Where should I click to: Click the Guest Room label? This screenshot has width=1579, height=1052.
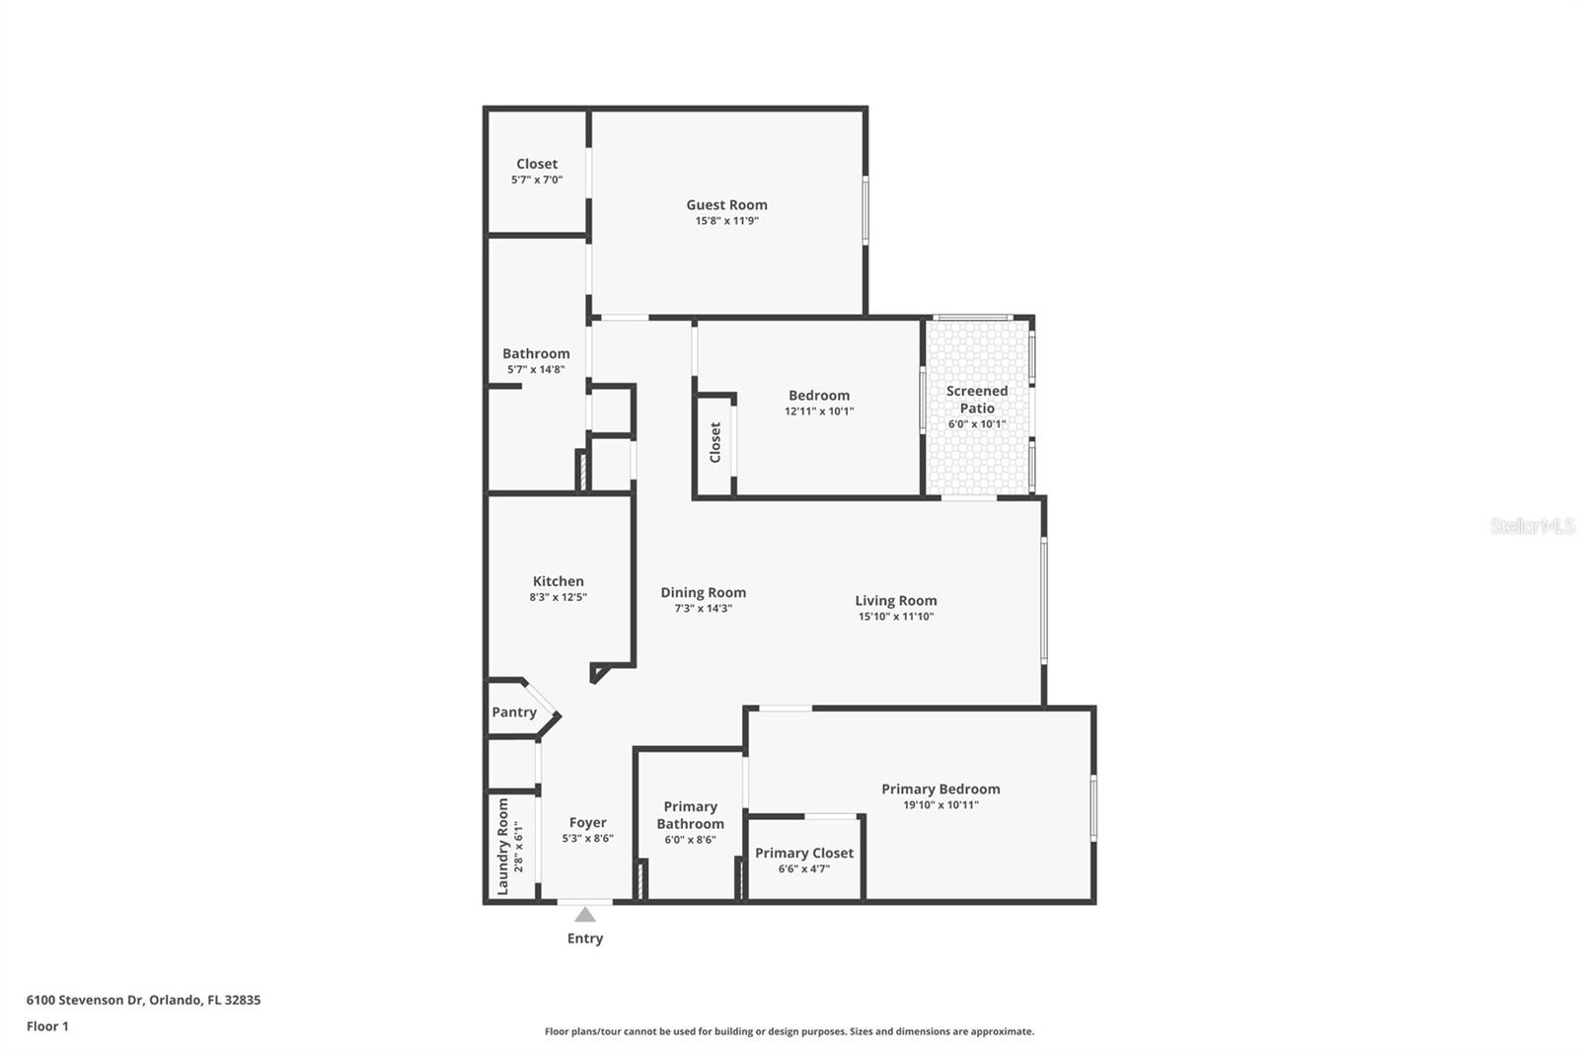(x=726, y=205)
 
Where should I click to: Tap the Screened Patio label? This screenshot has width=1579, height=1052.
(x=977, y=399)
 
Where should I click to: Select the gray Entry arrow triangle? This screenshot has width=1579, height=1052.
(x=585, y=915)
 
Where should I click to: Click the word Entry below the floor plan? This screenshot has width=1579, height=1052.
(x=585, y=939)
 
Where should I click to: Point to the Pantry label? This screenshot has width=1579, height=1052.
(x=514, y=713)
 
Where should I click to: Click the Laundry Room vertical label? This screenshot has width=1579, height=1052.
(x=503, y=846)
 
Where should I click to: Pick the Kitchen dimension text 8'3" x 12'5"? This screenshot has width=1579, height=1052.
(x=559, y=597)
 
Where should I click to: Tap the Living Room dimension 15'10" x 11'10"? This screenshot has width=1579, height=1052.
(x=895, y=617)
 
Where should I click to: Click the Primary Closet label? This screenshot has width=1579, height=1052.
(x=804, y=853)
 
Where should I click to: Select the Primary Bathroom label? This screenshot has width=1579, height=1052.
(x=690, y=815)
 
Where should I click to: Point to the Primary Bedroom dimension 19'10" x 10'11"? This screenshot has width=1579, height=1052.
(x=940, y=805)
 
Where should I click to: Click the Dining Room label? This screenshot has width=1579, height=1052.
(x=703, y=592)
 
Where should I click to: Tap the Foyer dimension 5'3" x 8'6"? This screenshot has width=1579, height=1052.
(x=588, y=839)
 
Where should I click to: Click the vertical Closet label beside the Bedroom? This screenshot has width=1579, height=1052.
(x=715, y=442)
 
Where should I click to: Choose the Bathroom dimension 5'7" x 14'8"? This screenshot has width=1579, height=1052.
(x=536, y=370)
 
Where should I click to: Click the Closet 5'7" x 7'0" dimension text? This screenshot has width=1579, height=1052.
(x=537, y=181)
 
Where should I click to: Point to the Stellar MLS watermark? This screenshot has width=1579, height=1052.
(x=1533, y=526)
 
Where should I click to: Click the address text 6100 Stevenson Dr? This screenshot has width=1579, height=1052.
(x=86, y=1000)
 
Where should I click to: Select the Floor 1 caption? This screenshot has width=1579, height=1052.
(x=47, y=1026)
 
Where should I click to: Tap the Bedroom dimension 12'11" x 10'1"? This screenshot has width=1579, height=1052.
(x=819, y=412)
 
